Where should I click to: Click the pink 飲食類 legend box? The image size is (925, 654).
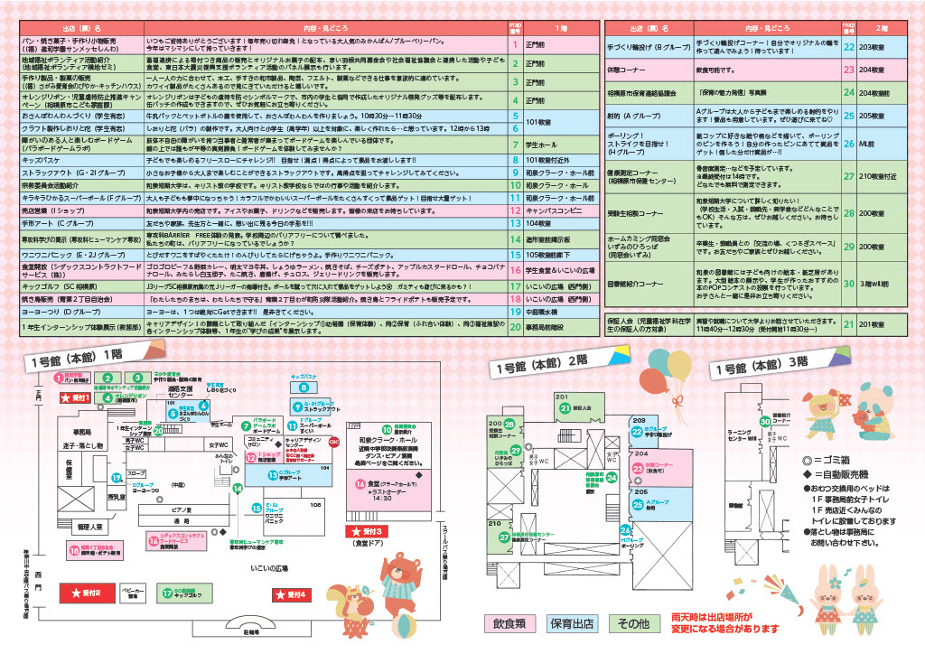(x=509, y=623)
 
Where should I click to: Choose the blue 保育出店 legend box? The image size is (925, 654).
(x=571, y=623)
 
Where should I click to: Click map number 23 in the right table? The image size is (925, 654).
(x=849, y=68)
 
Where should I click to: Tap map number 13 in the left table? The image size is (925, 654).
(x=514, y=220)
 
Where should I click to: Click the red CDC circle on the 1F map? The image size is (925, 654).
(x=333, y=442)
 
